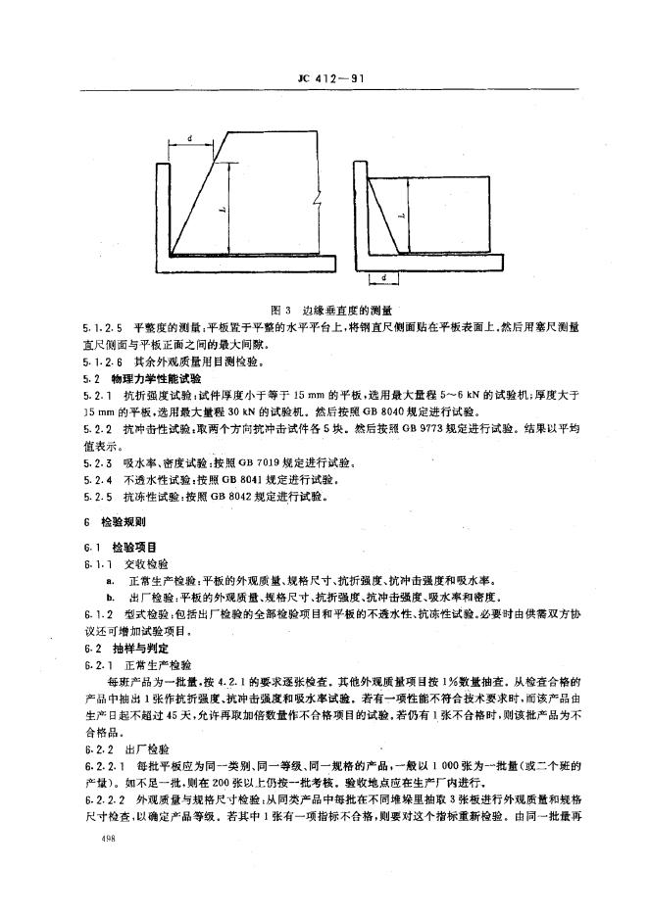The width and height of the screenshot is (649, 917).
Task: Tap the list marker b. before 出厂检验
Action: coord(112,595)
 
